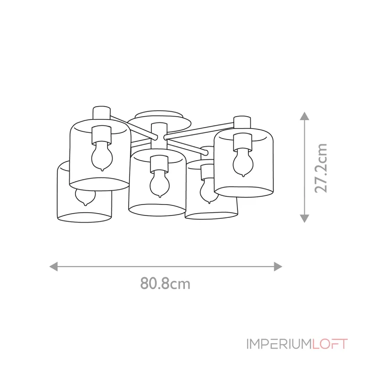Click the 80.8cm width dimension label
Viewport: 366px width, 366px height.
click(x=165, y=283)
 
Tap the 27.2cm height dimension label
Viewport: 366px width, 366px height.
click(x=321, y=168)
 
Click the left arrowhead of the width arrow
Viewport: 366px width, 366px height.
click(x=54, y=267)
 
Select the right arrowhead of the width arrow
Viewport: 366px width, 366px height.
click(x=278, y=267)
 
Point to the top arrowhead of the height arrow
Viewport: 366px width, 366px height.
click(x=304, y=116)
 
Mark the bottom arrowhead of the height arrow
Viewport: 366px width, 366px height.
click(x=304, y=219)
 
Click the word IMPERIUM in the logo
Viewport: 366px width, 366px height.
click(x=279, y=344)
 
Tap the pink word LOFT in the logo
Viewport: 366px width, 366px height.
click(x=330, y=344)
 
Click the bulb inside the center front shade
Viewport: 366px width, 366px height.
click(x=160, y=184)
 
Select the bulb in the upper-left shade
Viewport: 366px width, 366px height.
click(x=102, y=156)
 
